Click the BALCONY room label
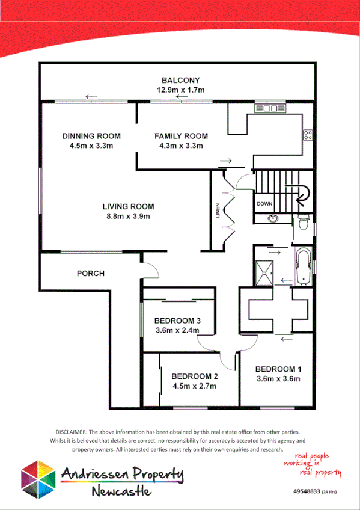[180, 80]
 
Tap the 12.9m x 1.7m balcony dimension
[180, 90]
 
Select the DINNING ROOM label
[91, 136]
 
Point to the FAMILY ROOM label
[181, 136]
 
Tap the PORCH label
[91, 274]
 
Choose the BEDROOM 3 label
[176, 320]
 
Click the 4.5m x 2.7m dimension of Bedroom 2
[195, 386]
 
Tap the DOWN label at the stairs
[264, 204]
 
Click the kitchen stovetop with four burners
[308, 135]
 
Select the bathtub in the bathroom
[304, 265]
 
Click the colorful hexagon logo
[38, 479]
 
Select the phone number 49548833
[307, 492]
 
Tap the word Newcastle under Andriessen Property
[121, 491]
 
